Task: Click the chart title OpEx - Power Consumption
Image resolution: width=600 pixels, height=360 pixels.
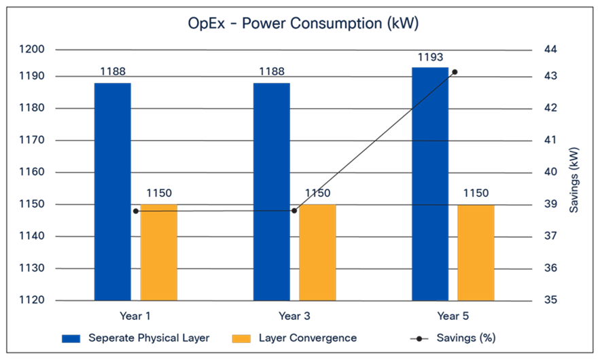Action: click(303, 23)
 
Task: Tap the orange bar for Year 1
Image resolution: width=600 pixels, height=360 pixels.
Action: click(159, 252)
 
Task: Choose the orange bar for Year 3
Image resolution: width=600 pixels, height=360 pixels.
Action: click(317, 252)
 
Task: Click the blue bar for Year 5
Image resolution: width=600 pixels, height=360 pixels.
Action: click(430, 183)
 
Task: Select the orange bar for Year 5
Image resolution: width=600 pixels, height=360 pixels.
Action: click(476, 252)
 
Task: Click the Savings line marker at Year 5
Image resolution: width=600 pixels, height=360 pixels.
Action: click(455, 71)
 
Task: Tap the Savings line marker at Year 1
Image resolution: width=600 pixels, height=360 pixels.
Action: click(136, 211)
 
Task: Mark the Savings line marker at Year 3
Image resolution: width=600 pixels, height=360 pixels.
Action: click(294, 211)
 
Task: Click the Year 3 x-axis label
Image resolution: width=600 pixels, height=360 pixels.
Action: click(294, 316)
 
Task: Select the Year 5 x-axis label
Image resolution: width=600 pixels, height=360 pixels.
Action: click(453, 316)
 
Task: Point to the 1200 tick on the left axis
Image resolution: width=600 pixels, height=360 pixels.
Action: click(32, 50)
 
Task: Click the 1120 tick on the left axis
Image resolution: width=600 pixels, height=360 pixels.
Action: click(32, 300)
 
